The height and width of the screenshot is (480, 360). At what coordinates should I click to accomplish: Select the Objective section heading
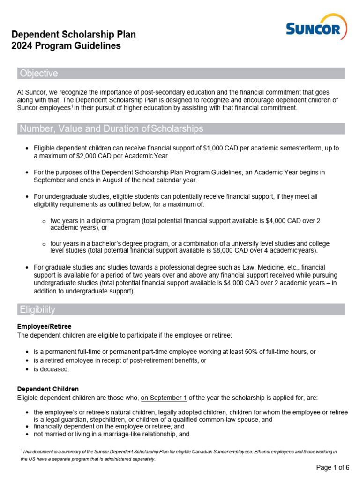point(39,74)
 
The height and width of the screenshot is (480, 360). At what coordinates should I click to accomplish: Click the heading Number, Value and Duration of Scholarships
point(112,129)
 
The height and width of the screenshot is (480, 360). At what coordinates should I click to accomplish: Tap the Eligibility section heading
point(37,309)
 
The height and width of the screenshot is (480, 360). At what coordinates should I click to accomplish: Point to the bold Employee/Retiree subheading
point(44,326)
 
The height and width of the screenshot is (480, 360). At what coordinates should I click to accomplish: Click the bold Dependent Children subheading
point(48,389)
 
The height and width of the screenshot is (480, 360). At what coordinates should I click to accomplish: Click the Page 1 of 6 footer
point(333,467)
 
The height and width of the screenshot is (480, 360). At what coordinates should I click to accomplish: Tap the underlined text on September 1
point(164,397)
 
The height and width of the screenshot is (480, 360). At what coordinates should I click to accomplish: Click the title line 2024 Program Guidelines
point(66,46)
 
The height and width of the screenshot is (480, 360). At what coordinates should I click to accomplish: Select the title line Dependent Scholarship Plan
point(74,35)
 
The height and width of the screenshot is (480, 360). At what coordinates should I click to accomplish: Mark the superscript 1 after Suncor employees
point(72,106)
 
